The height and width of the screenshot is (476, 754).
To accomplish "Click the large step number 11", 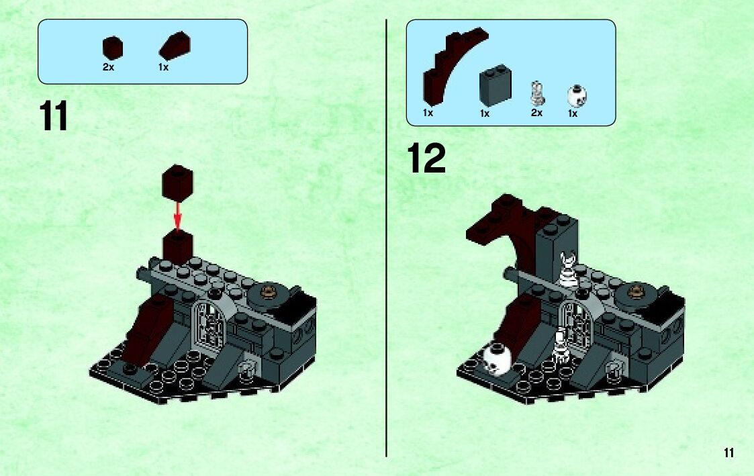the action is tap(53, 115).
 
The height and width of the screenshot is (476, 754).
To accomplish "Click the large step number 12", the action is tap(426, 158).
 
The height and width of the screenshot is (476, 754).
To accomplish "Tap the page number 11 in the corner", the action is tap(728, 453).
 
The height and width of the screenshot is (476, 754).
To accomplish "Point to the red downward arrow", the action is tap(178, 216).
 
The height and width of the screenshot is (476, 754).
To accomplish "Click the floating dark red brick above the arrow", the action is tap(177, 183).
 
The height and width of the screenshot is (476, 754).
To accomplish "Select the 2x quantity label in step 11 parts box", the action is tap(108, 67).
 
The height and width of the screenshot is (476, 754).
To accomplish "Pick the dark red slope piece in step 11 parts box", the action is tap(175, 46).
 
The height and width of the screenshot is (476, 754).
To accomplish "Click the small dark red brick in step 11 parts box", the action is tap(113, 48).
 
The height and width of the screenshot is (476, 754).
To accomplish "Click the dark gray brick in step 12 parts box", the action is tap(495, 85).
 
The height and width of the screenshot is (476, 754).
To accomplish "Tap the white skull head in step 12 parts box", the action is tap(577, 96).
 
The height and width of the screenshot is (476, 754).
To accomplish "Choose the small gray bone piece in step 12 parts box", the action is tap(537, 93).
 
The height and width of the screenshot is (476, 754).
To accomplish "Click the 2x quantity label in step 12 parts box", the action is tap(536, 113).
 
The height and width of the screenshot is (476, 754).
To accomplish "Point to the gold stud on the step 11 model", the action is tap(269, 291).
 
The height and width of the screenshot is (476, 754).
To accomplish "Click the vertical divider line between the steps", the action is tap(386, 238).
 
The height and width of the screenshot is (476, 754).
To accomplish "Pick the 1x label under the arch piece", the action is tap(428, 113).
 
